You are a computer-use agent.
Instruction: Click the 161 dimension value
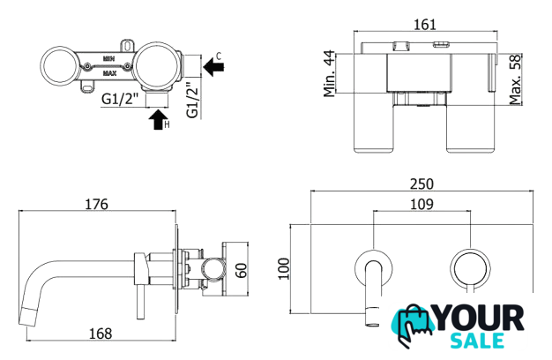coord(425,25)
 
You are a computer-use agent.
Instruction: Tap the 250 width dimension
coord(421,184)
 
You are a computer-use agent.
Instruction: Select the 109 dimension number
coord(421,205)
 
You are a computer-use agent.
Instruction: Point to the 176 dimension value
coord(96,205)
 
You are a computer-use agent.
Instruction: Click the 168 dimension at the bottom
coord(101,334)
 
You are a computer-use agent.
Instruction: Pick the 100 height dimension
coord(284,269)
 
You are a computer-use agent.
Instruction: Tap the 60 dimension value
coord(242,271)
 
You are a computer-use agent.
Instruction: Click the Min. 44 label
coord(330,73)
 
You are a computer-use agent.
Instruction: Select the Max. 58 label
coord(515,79)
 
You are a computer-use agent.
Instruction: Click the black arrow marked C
coord(213,67)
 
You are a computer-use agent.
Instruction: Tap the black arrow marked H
coord(158,120)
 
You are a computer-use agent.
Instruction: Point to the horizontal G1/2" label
coord(120,99)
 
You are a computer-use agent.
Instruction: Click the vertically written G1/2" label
coord(193,100)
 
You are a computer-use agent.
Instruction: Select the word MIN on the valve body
coord(108,59)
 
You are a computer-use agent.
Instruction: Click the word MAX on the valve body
coord(110,73)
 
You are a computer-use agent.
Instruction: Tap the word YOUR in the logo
coord(479,319)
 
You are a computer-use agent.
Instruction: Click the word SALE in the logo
coord(477,341)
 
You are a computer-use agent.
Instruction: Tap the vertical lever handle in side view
coord(141,303)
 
